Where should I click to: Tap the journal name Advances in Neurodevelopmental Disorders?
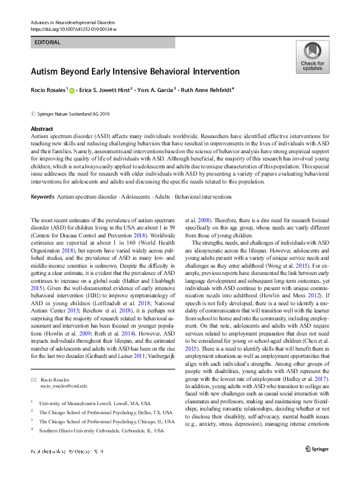69,22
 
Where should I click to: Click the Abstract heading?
42,129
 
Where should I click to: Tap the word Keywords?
42,197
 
